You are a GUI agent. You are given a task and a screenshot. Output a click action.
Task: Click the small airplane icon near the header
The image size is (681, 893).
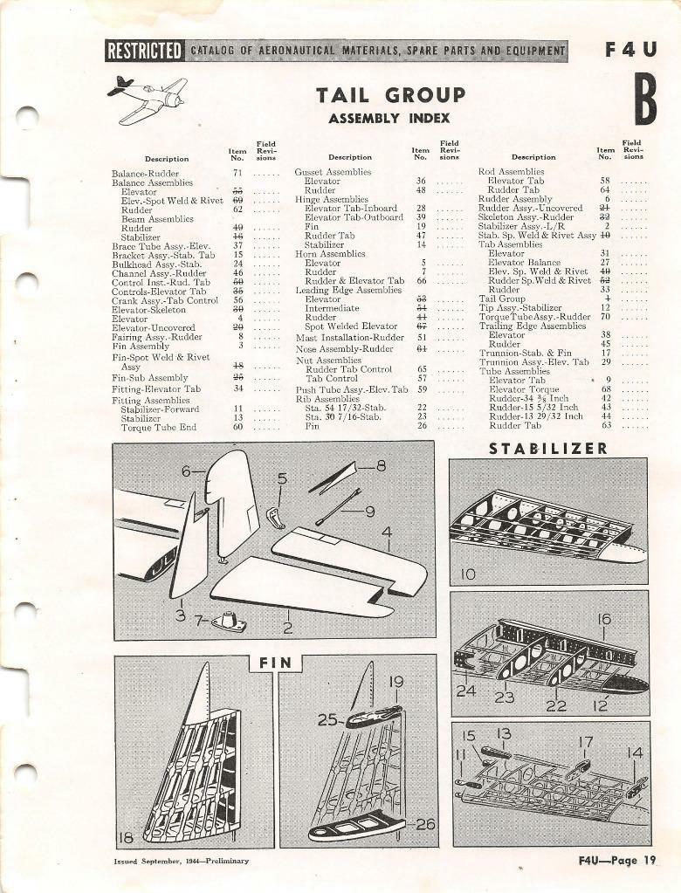[x=147, y=99]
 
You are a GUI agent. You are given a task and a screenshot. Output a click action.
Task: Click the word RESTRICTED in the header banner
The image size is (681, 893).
[x=144, y=51]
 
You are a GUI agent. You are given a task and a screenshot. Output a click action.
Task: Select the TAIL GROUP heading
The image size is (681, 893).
[x=390, y=95]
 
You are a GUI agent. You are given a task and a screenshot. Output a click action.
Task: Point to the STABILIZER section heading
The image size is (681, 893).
[x=547, y=449]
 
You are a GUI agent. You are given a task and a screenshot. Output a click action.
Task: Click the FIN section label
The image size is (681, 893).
[x=275, y=663]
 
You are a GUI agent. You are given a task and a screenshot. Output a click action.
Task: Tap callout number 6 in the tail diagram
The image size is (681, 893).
[x=186, y=471]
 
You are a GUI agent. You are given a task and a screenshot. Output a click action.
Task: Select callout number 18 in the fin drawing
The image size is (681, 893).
[x=127, y=837]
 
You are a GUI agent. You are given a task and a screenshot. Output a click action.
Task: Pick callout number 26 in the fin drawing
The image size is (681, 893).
[x=425, y=823]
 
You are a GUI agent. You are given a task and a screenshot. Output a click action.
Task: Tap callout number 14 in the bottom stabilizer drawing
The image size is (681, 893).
[x=635, y=752]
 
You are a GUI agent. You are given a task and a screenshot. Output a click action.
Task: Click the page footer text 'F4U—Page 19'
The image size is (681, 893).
[x=616, y=860]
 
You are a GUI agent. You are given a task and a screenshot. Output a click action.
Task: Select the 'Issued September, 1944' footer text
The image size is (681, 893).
[x=181, y=861]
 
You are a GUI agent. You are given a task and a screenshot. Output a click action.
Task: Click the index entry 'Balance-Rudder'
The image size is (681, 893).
[x=145, y=173]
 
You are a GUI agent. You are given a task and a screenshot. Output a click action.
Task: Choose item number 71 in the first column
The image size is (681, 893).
[x=237, y=173]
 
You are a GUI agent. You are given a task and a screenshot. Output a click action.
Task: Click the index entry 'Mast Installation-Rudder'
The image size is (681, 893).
[x=349, y=337]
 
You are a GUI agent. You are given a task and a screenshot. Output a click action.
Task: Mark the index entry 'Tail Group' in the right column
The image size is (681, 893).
[x=502, y=298]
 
